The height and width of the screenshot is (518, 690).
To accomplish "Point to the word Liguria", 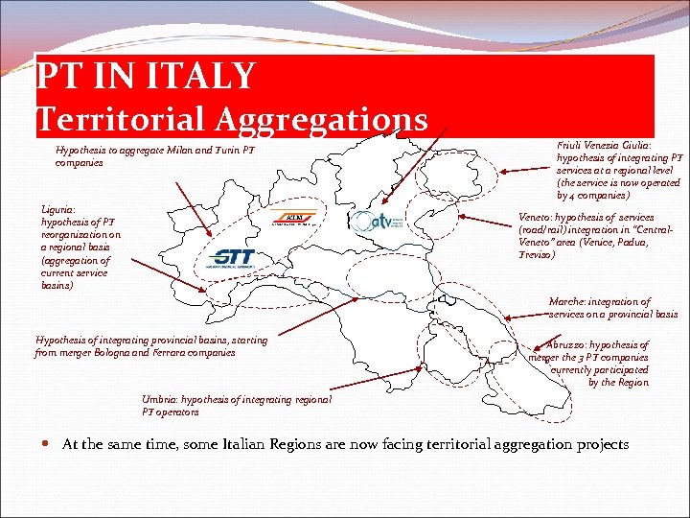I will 58,209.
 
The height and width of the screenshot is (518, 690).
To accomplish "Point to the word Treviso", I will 536,255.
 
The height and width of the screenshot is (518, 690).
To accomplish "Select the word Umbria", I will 160,400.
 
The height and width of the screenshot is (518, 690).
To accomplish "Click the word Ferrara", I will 194,352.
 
